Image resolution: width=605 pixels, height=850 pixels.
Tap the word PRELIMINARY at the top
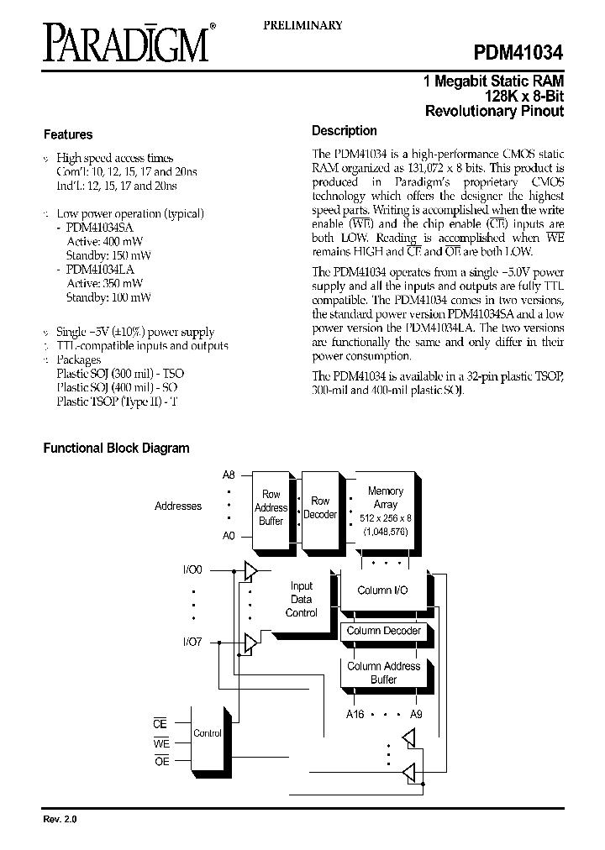coord(302,25)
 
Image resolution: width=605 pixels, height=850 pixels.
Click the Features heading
coord(67,134)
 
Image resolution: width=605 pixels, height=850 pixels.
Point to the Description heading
coord(344,131)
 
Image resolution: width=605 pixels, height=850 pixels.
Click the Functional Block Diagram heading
coord(116,449)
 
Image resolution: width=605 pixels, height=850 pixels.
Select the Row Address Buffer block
coord(271,507)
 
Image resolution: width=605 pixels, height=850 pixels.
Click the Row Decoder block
coord(320,507)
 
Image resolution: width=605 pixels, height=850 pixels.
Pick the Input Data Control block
coord(301,600)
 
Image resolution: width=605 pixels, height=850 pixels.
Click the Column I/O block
coord(382,590)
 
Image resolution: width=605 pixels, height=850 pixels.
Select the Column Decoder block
coord(383,631)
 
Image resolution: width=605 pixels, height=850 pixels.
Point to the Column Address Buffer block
coord(383,673)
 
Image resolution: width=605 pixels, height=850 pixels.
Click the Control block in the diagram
coord(208,733)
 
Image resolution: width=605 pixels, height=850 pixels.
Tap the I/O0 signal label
coord(192,570)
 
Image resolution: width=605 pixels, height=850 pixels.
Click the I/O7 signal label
coord(192,643)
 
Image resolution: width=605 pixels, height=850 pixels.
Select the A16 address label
coord(355,714)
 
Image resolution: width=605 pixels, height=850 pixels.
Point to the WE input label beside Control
coord(160,743)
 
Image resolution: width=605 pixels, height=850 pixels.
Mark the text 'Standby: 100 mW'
coord(108,297)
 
